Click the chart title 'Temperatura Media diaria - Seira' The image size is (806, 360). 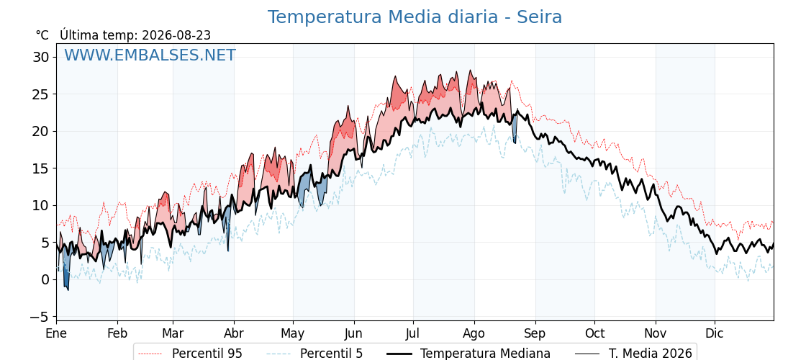pyautogui.click(x=415, y=17)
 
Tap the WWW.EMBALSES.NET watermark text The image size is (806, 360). pyautogui.click(x=150, y=55)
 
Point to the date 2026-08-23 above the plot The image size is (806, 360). pyautogui.click(x=176, y=35)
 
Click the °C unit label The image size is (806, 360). pyautogui.click(x=42, y=35)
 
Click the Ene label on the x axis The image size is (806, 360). pyautogui.click(x=56, y=333)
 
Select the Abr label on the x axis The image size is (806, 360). pyautogui.click(x=234, y=333)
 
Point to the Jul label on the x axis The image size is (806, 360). pyautogui.click(x=413, y=333)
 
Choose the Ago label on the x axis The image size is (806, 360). pyautogui.click(x=474, y=334)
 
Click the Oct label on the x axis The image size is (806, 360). pyautogui.click(x=594, y=333)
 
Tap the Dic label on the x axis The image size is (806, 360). pyautogui.click(x=715, y=333)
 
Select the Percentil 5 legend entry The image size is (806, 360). pyautogui.click(x=315, y=354)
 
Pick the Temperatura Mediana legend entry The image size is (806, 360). pyautogui.click(x=467, y=354)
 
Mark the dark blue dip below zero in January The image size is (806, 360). pyautogui.click(x=65, y=278)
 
